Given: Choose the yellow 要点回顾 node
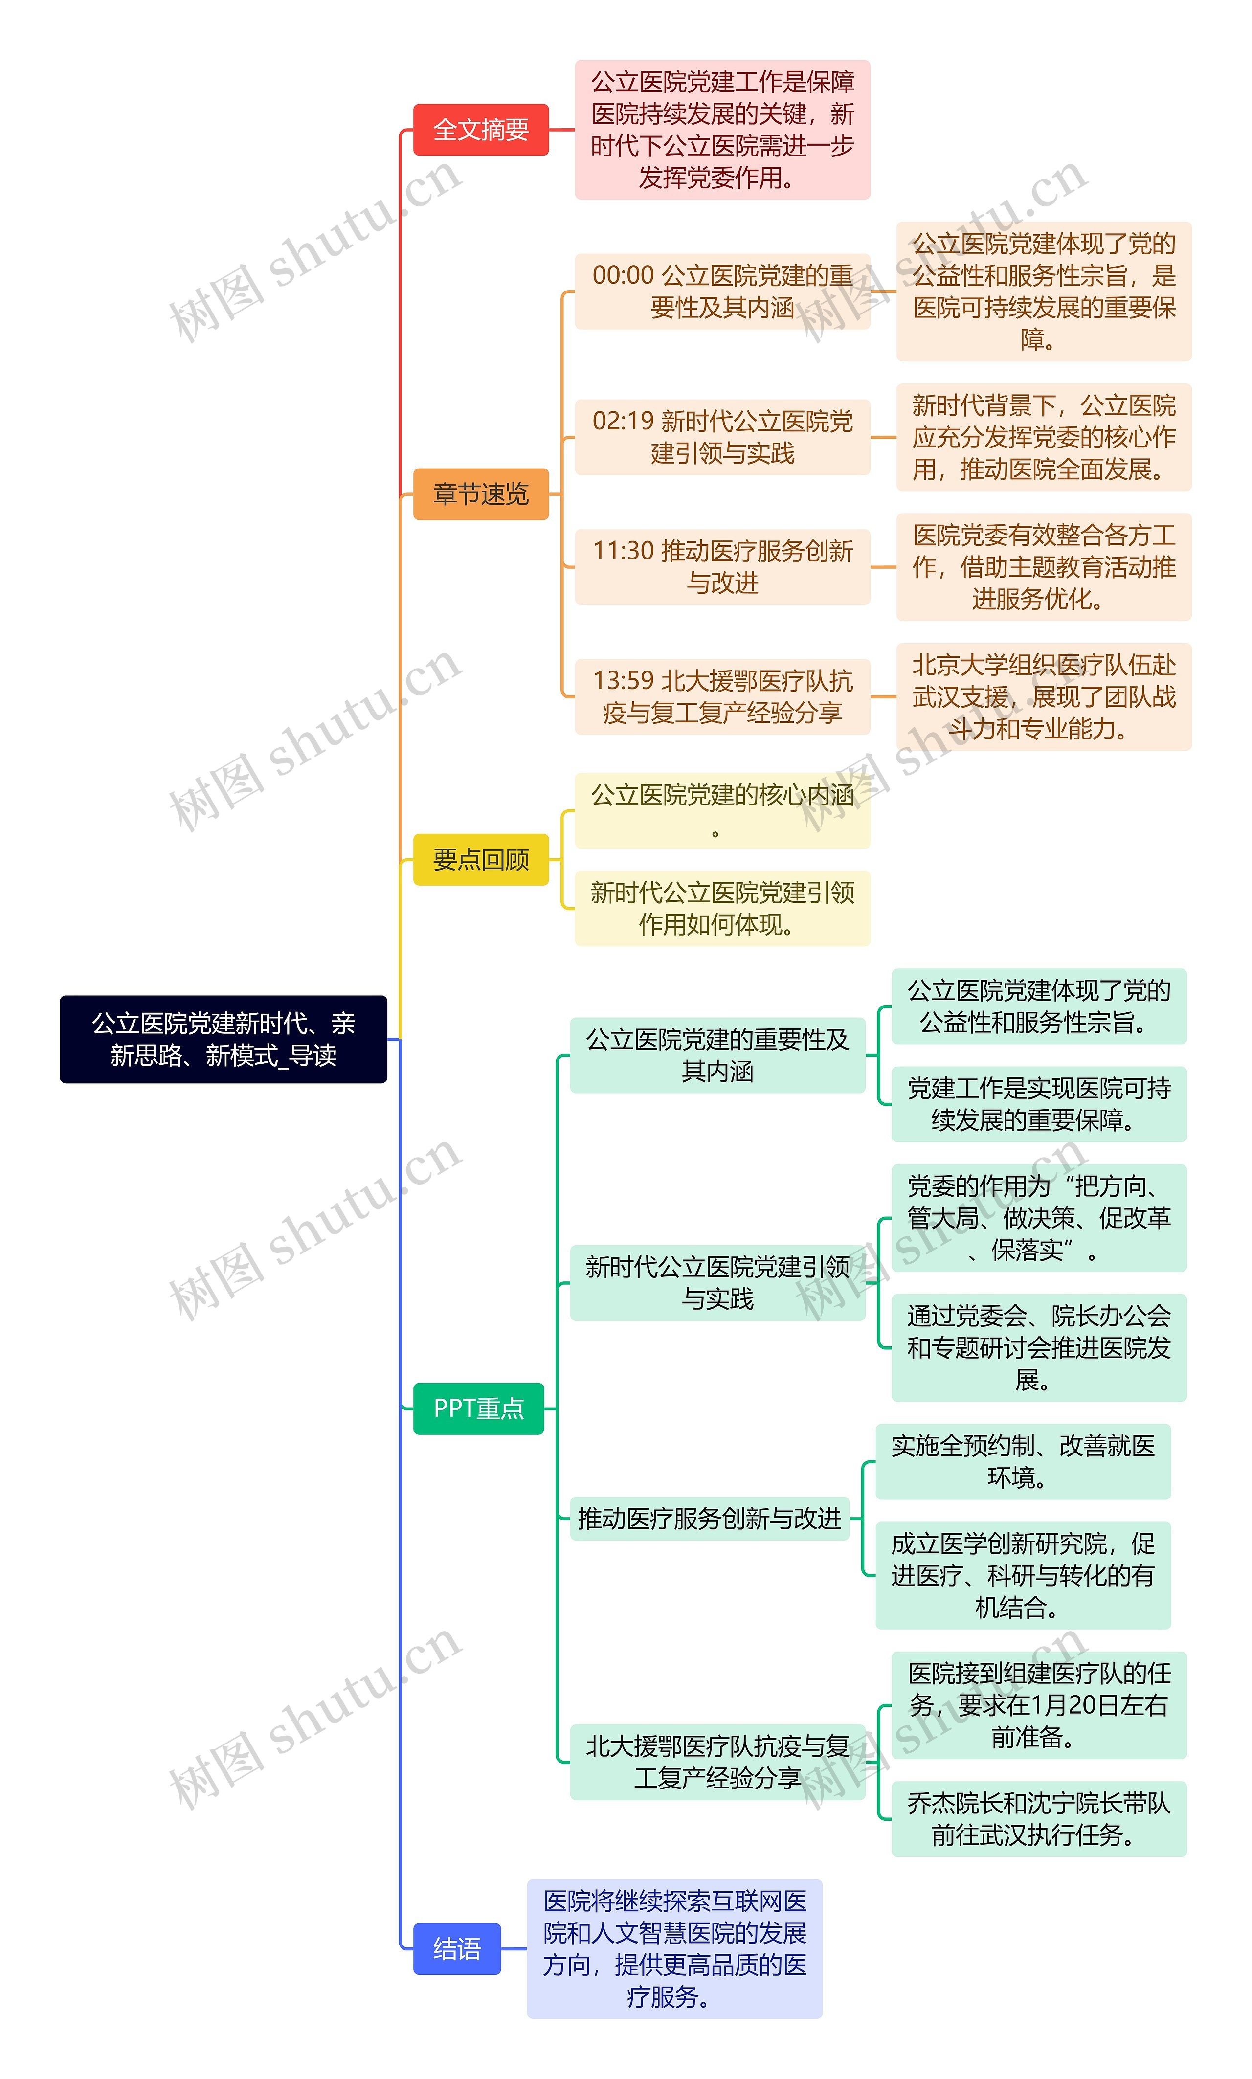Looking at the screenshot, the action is (x=480, y=859).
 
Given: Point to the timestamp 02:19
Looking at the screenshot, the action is (x=623, y=421).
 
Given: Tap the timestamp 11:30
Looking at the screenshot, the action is (x=623, y=551).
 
